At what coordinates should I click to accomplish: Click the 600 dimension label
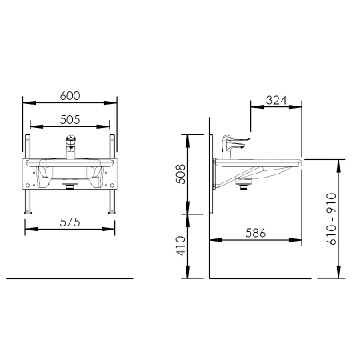pyautogui.click(x=70, y=96)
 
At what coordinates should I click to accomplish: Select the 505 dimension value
pyautogui.click(x=70, y=120)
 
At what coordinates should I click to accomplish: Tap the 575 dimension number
pyautogui.click(x=70, y=222)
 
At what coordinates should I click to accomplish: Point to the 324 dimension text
pyautogui.click(x=276, y=100)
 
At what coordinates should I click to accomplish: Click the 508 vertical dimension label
pyautogui.click(x=182, y=174)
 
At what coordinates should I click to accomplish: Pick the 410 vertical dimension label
pyautogui.click(x=182, y=246)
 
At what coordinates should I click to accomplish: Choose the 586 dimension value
pyautogui.click(x=255, y=233)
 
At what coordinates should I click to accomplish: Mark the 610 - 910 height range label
pyautogui.click(x=332, y=218)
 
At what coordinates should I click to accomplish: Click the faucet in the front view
pyautogui.click(x=71, y=146)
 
